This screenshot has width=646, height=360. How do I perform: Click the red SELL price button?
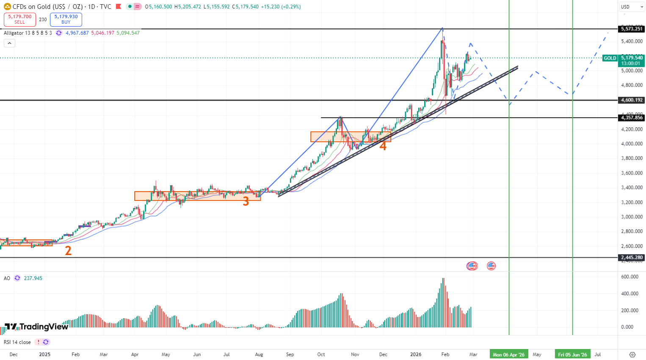(20, 19)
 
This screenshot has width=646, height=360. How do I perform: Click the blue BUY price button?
(66, 19)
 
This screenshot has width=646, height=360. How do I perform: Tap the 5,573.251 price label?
(632, 29)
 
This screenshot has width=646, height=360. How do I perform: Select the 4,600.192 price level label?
(632, 100)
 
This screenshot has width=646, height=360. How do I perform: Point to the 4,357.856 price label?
(632, 118)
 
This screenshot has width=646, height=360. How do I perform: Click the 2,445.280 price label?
(632, 257)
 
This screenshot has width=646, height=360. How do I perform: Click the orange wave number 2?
(68, 251)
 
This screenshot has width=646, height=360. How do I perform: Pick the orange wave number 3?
(246, 202)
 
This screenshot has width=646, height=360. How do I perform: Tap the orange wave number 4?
(383, 146)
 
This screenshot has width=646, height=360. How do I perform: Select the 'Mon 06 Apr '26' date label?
(508, 355)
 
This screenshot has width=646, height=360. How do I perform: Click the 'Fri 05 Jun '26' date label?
(572, 355)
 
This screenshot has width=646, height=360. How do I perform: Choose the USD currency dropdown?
(630, 7)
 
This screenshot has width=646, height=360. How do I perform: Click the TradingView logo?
(36, 327)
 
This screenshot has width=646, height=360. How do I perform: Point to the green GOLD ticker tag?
(610, 58)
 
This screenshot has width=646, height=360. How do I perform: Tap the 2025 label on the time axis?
(44, 355)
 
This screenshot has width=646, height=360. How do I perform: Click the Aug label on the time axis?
(259, 355)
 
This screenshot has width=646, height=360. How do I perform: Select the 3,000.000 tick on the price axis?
(632, 217)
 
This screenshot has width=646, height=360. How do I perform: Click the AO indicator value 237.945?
(33, 278)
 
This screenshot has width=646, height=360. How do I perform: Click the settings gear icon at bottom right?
(632, 355)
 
